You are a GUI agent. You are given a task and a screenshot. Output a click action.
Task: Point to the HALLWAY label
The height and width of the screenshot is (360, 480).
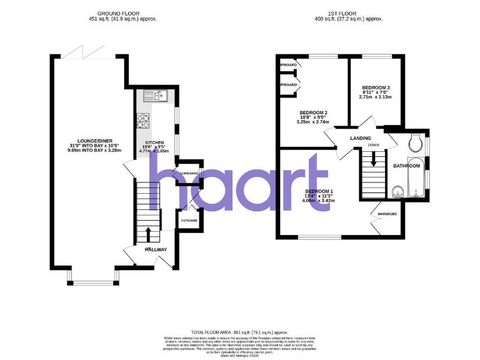pyautogui.click(x=156, y=250)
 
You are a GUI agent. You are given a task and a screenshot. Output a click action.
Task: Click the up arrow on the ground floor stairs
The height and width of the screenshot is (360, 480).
pyautogui.click(x=147, y=234)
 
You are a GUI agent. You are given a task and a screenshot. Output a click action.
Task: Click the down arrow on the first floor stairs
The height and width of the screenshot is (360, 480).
pyautogui.click(x=373, y=159)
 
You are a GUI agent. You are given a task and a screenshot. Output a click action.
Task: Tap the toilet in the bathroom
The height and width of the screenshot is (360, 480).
pyautogui.click(x=413, y=144)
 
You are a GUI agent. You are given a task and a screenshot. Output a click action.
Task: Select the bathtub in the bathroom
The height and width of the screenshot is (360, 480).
pyautogui.click(x=417, y=178)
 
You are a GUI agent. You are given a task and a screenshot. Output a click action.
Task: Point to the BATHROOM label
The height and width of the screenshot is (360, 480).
pyautogui.click(x=406, y=166)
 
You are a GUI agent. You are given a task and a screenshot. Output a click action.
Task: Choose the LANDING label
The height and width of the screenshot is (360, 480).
pyautogui.click(x=361, y=138)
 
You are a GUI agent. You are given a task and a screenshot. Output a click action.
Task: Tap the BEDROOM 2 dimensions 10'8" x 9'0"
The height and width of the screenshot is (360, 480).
pyautogui.click(x=312, y=117)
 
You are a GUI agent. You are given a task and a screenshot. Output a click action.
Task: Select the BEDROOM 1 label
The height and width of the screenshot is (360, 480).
pyautogui.click(x=319, y=191)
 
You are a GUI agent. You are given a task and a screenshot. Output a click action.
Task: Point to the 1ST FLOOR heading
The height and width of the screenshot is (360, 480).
pyautogui.click(x=347, y=13)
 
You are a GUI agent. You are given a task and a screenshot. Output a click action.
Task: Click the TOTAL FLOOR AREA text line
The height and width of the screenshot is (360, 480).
pyautogui.click(x=239, y=332)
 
